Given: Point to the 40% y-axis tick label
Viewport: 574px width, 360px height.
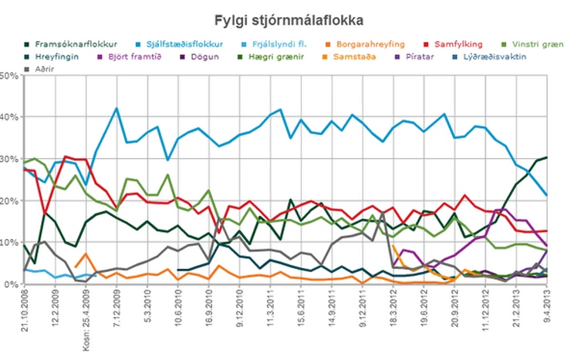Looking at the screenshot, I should [9, 117].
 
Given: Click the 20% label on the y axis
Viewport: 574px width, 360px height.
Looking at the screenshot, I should [9, 200].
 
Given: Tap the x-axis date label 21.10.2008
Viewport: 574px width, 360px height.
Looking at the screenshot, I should [25, 312].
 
